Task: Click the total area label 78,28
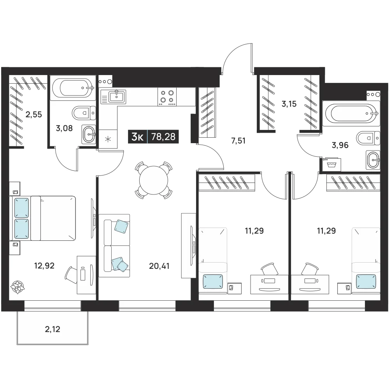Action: (x=163, y=137)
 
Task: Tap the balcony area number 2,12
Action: (x=53, y=329)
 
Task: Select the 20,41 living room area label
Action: (x=159, y=266)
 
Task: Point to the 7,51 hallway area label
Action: (x=238, y=141)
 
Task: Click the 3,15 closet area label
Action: (x=289, y=104)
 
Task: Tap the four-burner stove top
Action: (x=167, y=97)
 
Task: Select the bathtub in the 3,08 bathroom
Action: (x=73, y=88)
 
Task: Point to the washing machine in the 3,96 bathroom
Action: (x=331, y=165)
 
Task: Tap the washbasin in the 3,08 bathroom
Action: (x=89, y=135)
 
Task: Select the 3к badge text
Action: (x=138, y=137)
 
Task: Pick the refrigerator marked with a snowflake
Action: (x=108, y=139)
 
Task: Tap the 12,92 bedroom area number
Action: (x=44, y=266)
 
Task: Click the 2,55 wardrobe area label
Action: (x=34, y=115)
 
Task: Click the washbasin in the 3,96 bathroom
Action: (x=373, y=160)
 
